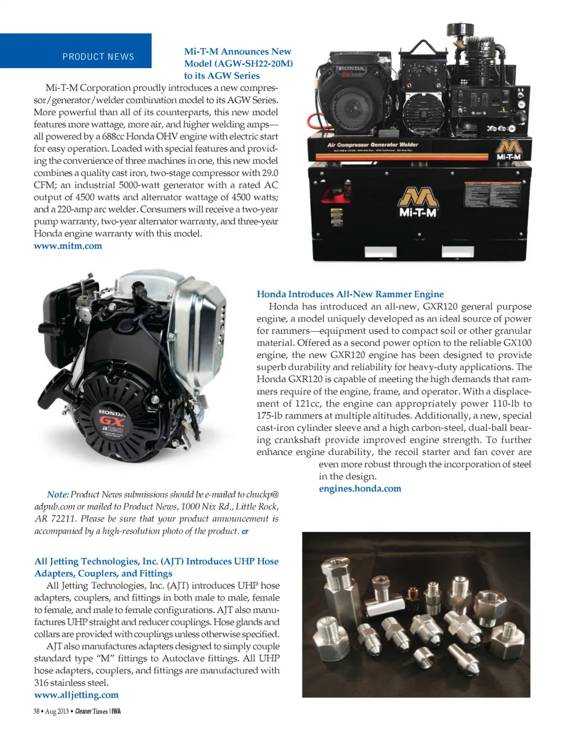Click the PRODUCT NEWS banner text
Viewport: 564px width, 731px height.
point(98,57)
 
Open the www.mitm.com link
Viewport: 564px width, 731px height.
point(68,246)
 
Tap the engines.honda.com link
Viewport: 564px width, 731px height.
point(360,489)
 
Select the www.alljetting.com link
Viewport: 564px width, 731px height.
point(76,695)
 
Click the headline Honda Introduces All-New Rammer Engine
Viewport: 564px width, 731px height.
point(350,294)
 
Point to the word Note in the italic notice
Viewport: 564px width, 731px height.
point(58,495)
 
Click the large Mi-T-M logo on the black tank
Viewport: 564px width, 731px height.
point(418,203)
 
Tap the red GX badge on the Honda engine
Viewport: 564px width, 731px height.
point(112,420)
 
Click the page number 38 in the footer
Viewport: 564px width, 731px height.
point(36,712)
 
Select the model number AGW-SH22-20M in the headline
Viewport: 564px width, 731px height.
point(253,63)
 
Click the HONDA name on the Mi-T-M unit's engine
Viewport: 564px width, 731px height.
point(351,69)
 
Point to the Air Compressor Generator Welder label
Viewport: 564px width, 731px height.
point(372,144)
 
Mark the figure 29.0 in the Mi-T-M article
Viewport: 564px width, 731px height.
point(270,173)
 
